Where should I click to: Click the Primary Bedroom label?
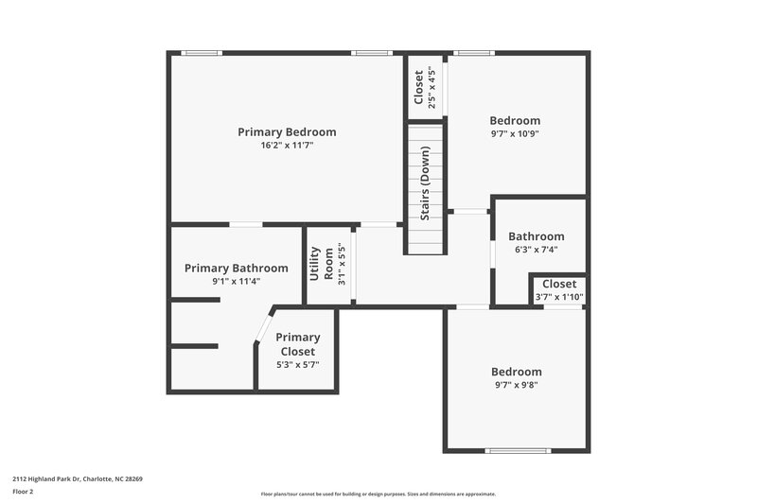[287, 132]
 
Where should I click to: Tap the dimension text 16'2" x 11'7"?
[287, 146]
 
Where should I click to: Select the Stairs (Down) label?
[426, 183]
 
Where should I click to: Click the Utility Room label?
[321, 264]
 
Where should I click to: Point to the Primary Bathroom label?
[236, 269]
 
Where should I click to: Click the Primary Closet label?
[297, 344]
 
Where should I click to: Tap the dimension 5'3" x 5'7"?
[297, 365]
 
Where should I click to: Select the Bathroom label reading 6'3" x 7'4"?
[536, 250]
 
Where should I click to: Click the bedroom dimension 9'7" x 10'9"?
[515, 133]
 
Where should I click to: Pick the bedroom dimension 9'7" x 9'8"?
[516, 385]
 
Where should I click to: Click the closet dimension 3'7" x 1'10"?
[558, 297]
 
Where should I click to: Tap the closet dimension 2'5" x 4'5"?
[432, 89]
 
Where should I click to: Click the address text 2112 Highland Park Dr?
[77, 478]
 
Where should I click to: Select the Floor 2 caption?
[24, 492]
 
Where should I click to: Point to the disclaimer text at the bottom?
[378, 494]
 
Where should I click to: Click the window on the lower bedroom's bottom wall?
[517, 450]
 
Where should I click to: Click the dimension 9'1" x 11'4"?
[236, 281]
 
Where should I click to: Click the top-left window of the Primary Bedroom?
[202, 53]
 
